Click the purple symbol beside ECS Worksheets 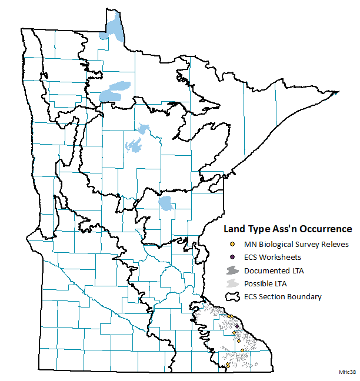[x=232, y=258]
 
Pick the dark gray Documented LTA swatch [x=232, y=270]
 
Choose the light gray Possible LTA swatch [x=232, y=283]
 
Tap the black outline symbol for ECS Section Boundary [x=232, y=297]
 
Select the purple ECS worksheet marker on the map [x=236, y=326]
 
